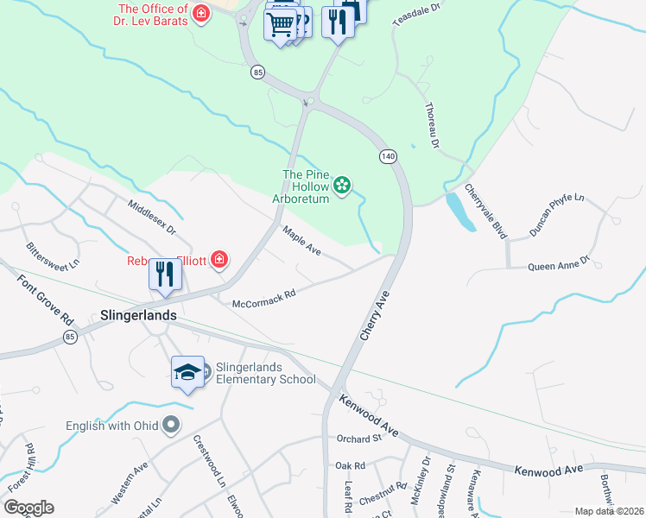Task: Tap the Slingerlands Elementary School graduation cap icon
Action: (187, 372)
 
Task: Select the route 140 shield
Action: (387, 155)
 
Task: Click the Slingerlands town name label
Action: (138, 315)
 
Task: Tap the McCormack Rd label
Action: (264, 298)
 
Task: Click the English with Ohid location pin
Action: (171, 424)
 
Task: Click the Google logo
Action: (28, 508)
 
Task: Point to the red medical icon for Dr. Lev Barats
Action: (201, 14)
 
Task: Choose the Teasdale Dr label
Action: (416, 16)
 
